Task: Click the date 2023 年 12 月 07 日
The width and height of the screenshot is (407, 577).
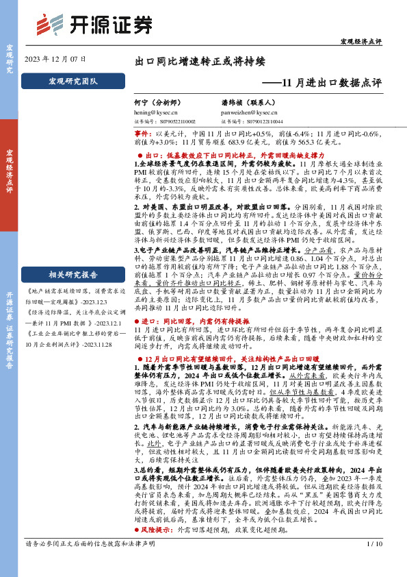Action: coord(56,60)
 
